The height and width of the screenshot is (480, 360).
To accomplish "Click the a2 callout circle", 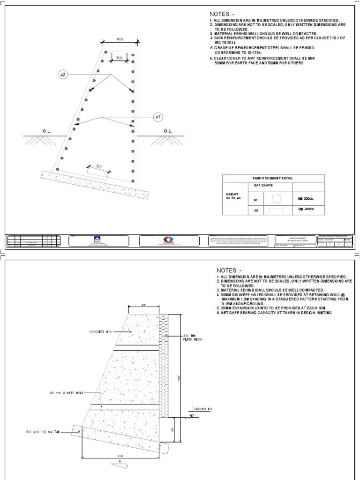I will (x=64, y=74).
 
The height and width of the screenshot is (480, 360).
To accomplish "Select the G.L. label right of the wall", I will (x=168, y=131).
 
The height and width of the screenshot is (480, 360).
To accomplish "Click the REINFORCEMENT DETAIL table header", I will (x=272, y=178).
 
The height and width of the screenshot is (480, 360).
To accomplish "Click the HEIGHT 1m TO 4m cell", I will (x=233, y=196).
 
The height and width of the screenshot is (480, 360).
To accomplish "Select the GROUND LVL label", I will (x=204, y=409).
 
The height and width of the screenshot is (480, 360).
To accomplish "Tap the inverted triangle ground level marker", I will (x=192, y=415).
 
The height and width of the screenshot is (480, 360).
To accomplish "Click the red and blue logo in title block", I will (x=168, y=240).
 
